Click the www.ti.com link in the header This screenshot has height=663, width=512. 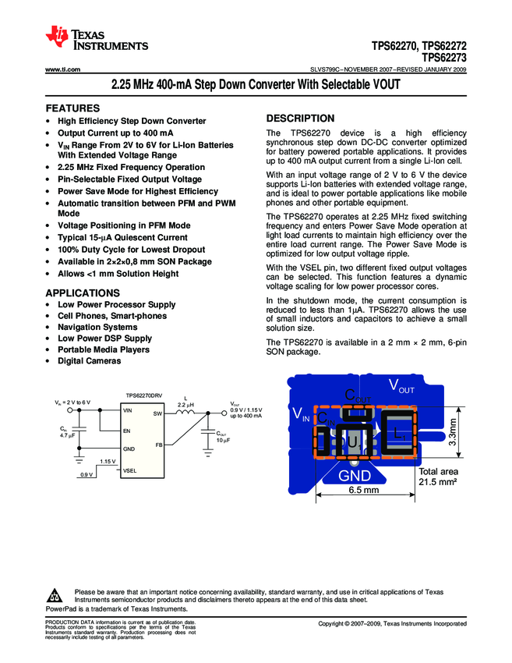point(63,69)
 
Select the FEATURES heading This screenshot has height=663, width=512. point(72,108)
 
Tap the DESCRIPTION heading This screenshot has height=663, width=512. point(300,119)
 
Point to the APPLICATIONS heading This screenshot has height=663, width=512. point(83,292)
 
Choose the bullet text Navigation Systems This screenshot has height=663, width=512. point(97,328)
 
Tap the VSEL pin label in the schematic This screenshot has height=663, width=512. point(130,470)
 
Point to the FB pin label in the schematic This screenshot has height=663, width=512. point(158,445)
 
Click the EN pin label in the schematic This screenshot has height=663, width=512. point(126,431)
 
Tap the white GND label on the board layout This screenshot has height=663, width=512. point(355,474)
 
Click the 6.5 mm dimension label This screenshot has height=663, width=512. point(363,490)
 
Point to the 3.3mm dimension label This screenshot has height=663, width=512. point(452,433)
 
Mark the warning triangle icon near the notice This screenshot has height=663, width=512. point(54,594)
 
